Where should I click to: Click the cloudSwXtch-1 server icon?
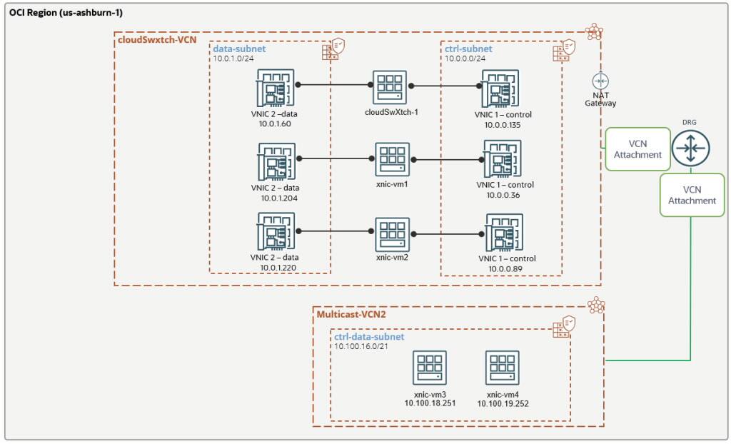[388, 87]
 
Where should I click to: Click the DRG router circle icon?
[690, 148]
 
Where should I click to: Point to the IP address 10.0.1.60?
[271, 123]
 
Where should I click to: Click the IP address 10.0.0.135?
[508, 124]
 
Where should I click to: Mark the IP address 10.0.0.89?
[508, 268]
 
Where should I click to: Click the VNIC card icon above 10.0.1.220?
[275, 231]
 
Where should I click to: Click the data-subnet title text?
[239, 49]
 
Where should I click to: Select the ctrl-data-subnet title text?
[369, 336]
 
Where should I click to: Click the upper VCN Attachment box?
[637, 148]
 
